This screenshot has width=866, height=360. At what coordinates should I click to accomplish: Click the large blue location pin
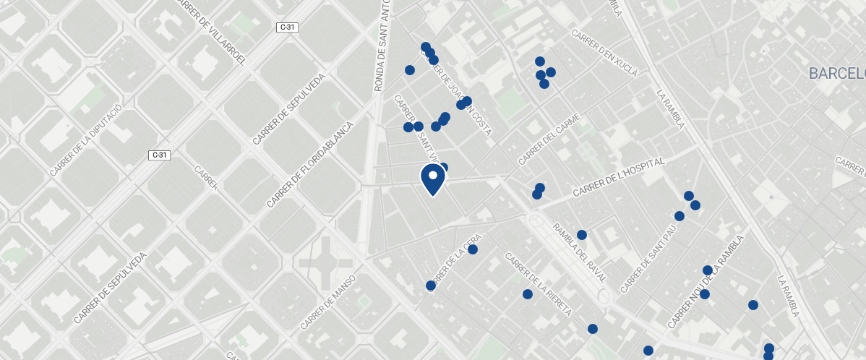[x=432, y=179]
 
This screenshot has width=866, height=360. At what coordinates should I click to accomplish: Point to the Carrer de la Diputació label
[x=85, y=140]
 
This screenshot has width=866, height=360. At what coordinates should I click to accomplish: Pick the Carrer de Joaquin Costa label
[x=463, y=97]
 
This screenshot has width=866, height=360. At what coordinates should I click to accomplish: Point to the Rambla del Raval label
[x=580, y=253]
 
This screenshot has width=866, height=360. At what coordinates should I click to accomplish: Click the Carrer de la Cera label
[x=454, y=261]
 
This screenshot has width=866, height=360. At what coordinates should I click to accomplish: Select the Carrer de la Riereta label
[x=539, y=284]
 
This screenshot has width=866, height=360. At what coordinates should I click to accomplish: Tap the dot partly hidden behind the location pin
[x=443, y=168]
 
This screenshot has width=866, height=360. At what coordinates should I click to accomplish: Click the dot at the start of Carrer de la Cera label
[x=431, y=286]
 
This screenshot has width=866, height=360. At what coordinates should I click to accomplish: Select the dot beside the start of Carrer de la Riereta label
[x=527, y=294]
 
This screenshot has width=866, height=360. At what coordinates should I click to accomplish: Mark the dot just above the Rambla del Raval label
[x=581, y=235]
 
